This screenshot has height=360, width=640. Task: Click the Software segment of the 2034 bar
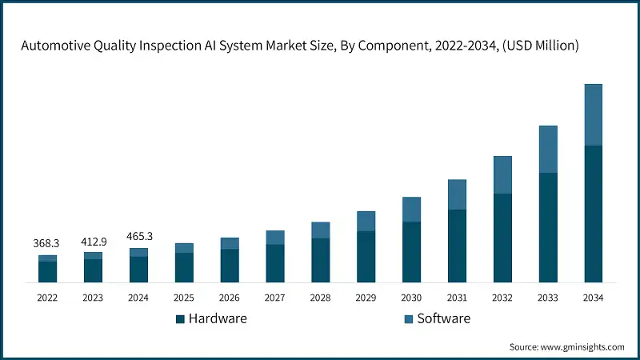click(x=593, y=114)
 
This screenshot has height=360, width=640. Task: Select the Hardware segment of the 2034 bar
click(x=593, y=214)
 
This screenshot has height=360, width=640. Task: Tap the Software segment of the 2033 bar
click(x=547, y=149)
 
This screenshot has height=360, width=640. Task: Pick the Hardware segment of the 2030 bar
click(x=411, y=251)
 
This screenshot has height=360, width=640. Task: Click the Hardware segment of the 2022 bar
click(x=48, y=271)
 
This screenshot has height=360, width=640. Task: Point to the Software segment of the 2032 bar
click(x=502, y=174)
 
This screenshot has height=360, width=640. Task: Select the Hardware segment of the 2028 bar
click(x=320, y=260)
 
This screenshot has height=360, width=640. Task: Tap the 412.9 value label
click(x=94, y=241)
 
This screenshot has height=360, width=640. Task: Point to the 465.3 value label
click(x=138, y=237)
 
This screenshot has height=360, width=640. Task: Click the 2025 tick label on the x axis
click(x=184, y=298)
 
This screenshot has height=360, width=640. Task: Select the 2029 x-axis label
click(x=366, y=298)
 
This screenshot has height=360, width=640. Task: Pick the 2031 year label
click(x=457, y=298)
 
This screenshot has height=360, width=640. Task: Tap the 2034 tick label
click(x=593, y=298)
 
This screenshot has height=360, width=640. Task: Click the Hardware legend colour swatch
click(x=181, y=318)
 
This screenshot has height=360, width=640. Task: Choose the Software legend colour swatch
click(x=409, y=318)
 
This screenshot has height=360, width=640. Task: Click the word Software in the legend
click(x=444, y=318)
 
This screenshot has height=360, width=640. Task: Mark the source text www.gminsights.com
click(x=583, y=346)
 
